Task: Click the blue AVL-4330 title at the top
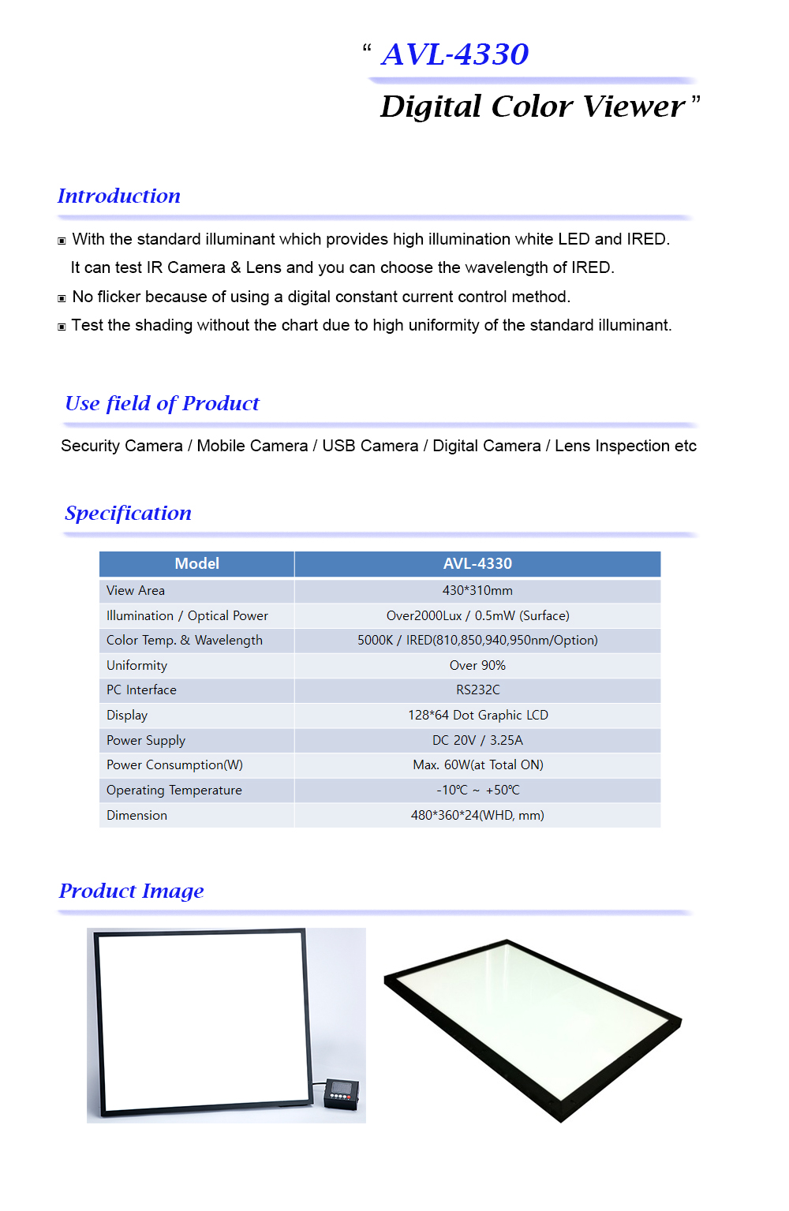pyautogui.click(x=454, y=54)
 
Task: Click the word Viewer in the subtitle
pyautogui.click(x=634, y=107)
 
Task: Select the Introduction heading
pyautogui.click(x=119, y=196)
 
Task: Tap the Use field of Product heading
pyautogui.click(x=162, y=403)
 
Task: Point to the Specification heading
pyautogui.click(x=128, y=513)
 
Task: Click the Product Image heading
pyautogui.click(x=131, y=891)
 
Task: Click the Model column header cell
pyautogui.click(x=196, y=563)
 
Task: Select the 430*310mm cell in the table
pyautogui.click(x=477, y=590)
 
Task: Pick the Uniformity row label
pyautogui.click(x=136, y=665)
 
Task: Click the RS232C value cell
pyautogui.click(x=477, y=690)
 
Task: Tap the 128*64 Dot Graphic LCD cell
pyautogui.click(x=477, y=715)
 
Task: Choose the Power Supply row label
pyautogui.click(x=146, y=740)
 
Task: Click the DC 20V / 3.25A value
pyautogui.click(x=477, y=740)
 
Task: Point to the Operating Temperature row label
pyautogui.click(x=174, y=790)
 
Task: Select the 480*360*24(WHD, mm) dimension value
pyautogui.click(x=477, y=815)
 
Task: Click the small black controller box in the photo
pyautogui.click(x=342, y=1093)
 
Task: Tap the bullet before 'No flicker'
pyautogui.click(x=62, y=298)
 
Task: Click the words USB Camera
pyautogui.click(x=370, y=446)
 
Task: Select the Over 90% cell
pyautogui.click(x=477, y=665)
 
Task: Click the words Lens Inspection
pyautogui.click(x=612, y=446)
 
